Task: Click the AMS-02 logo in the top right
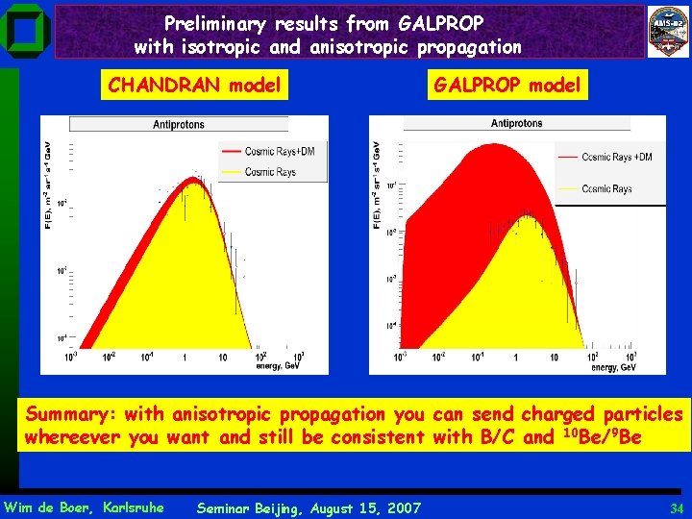[x=667, y=29]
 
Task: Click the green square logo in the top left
[x=26, y=30]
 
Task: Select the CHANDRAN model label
[x=194, y=86]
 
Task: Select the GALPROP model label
[x=507, y=86]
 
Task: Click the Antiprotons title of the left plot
[x=178, y=125]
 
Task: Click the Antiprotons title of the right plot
[x=516, y=124]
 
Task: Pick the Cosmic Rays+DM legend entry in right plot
[x=616, y=157]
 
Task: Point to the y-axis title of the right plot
[x=378, y=185]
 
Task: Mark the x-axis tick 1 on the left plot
[x=185, y=358]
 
